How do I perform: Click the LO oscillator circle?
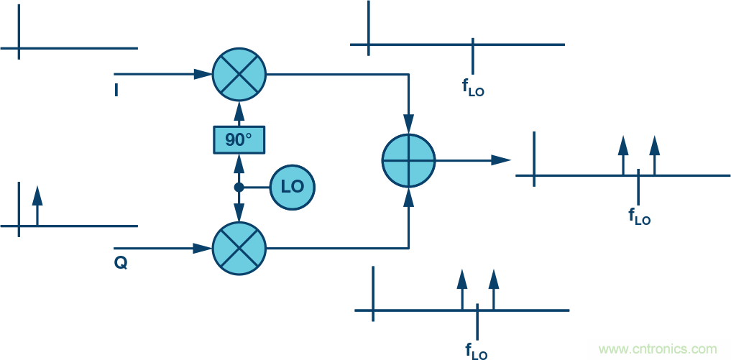click(x=293, y=187)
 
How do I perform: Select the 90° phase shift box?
click(x=239, y=139)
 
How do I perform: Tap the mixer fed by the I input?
click(x=239, y=74)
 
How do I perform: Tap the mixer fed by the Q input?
click(x=239, y=249)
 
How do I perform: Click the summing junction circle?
click(x=409, y=160)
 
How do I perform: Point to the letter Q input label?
click(x=120, y=264)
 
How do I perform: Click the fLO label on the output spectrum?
click(x=639, y=216)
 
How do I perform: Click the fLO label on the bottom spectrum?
click(x=477, y=351)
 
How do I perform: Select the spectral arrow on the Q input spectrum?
click(x=37, y=205)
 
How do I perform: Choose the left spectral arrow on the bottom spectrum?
click(x=462, y=288)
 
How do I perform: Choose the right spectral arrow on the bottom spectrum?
click(x=493, y=288)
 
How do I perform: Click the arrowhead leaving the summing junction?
click(x=502, y=160)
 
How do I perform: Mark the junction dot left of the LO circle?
click(x=239, y=187)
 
